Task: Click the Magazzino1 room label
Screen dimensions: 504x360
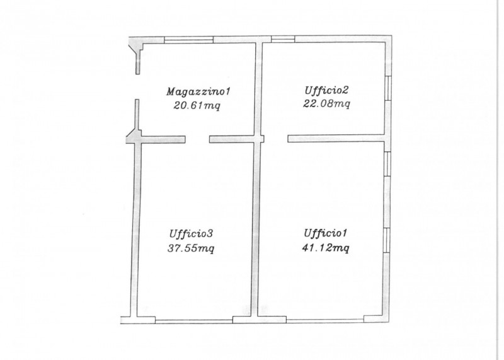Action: (x=198, y=91)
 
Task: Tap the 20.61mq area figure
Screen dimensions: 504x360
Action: (x=197, y=105)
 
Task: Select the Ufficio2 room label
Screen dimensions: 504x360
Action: (x=326, y=90)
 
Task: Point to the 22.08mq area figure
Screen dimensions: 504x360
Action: (x=326, y=104)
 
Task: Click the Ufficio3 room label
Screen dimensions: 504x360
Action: (x=191, y=233)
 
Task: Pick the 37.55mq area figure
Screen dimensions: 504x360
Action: (x=191, y=248)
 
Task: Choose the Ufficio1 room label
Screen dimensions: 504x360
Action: (x=326, y=233)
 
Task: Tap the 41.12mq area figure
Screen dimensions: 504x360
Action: (x=326, y=248)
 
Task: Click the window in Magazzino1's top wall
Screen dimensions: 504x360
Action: (x=188, y=40)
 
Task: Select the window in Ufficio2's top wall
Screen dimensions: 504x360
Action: (x=283, y=39)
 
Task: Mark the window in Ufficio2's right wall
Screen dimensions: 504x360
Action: (x=388, y=88)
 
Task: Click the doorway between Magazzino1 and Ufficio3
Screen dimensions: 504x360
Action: (x=197, y=139)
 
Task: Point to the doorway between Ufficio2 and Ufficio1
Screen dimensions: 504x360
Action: (x=276, y=139)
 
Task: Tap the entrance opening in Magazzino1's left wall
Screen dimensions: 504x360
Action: (x=137, y=87)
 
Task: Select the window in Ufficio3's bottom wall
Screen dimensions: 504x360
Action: (x=194, y=320)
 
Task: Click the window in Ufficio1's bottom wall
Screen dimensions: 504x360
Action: (x=325, y=320)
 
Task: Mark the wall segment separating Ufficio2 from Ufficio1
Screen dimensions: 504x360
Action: (x=336, y=139)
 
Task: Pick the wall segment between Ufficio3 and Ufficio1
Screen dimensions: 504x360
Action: (x=256, y=229)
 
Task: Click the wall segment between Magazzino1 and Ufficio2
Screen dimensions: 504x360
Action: (x=259, y=89)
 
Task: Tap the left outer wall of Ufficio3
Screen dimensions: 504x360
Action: (x=135, y=229)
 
